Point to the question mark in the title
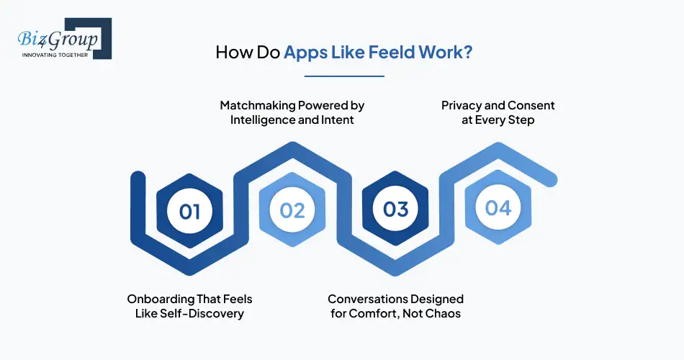(x=468, y=53)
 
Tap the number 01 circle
(x=190, y=211)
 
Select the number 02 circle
(x=292, y=211)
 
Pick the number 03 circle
(x=395, y=210)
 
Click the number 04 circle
(x=498, y=208)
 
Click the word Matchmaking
(x=257, y=106)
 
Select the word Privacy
(x=462, y=106)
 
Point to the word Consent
(x=533, y=106)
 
